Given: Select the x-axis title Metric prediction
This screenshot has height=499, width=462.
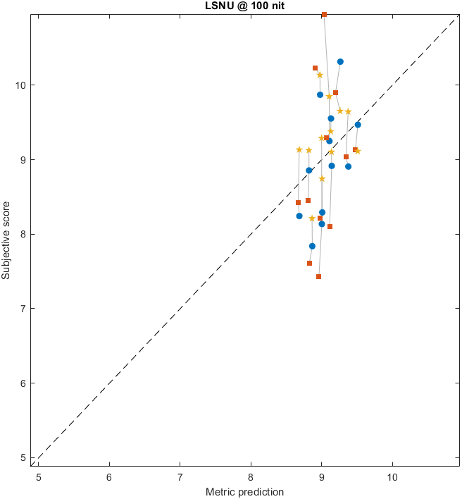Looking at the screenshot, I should pos(244,491).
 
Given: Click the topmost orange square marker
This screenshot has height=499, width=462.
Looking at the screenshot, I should pos(324,14).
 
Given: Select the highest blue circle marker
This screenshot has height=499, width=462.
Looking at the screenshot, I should pos(340,61).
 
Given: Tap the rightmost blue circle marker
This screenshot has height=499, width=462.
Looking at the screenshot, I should pos(358,125).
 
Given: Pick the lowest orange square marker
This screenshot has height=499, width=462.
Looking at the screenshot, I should pos(318,276).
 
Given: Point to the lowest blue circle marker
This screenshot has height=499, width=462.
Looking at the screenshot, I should pos(312,246).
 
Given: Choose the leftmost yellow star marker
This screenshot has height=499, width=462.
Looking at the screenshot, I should pos(299,149).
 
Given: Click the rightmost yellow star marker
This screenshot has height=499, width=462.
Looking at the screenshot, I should pos(358,151).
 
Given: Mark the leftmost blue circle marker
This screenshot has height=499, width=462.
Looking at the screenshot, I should pos(299,216).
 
